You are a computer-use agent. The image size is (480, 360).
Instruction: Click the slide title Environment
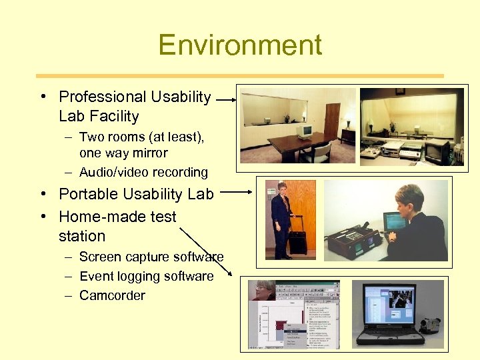tap(240, 45)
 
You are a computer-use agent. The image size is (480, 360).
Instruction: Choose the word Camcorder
tap(112, 295)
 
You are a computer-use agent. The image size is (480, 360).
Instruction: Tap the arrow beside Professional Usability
tap(226, 99)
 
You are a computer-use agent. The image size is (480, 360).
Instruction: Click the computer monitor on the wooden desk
tap(305, 130)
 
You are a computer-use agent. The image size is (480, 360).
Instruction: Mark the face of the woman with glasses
tap(263, 291)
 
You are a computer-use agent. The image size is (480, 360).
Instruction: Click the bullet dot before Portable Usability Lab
tap(43, 195)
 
